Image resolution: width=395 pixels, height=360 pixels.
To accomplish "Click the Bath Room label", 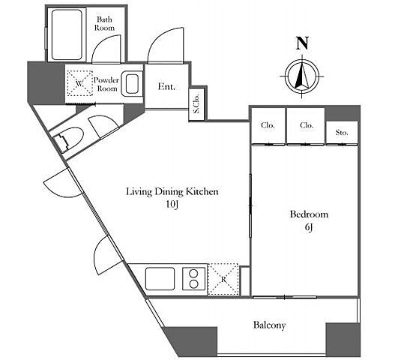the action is pos(104,23).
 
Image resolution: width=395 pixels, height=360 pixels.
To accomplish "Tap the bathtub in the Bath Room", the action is pos(67,34).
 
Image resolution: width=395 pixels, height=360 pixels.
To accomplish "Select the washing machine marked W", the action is pos(79,83).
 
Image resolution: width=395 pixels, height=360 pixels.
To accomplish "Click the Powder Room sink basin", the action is pos(131,84).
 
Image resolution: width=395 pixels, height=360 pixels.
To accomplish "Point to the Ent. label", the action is pos(166,86).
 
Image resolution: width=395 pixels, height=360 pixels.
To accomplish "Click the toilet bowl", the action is pos(69,140).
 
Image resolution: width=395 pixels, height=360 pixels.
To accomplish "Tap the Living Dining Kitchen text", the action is pos(172,191).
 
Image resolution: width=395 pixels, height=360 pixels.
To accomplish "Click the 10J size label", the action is pos(172,205).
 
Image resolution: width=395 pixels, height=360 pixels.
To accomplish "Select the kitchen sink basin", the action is pos(160,279).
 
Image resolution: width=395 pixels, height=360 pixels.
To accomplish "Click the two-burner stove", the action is pos(193,279).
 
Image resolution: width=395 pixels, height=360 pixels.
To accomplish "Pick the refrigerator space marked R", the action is pos(223,279).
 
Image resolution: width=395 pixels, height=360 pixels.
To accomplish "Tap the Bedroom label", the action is pos(309,214).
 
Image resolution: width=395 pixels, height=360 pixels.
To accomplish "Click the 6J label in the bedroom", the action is pos(309,227).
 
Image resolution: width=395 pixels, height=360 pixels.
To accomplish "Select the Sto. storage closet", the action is pos(342,133).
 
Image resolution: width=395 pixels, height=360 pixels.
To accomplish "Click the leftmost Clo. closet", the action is pos(268,126).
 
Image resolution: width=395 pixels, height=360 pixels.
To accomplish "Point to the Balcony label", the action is pos(269,325).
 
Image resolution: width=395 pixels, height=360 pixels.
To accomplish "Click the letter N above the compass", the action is pos(302,43).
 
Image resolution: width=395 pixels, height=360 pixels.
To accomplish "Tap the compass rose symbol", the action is pos(302,76).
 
